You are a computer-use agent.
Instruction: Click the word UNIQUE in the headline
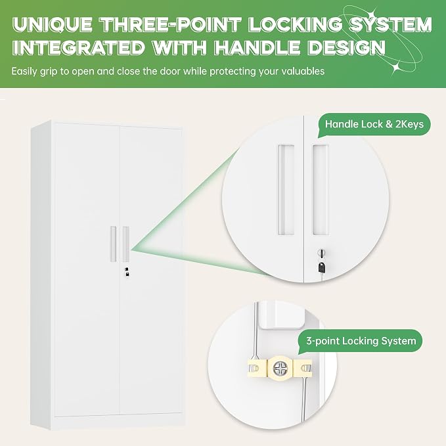tap(53, 24)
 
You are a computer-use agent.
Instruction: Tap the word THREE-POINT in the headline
tap(172, 24)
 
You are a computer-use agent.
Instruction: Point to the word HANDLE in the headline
tap(257, 47)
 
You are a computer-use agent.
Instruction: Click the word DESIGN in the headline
tap(347, 47)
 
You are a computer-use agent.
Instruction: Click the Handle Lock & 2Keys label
tap(374, 124)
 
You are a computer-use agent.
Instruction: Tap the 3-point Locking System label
tap(361, 341)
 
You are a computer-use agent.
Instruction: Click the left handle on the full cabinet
tap(113, 244)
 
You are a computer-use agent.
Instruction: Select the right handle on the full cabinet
tap(125, 244)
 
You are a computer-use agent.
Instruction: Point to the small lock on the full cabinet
tap(127, 271)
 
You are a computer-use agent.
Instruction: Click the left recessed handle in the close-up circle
tap(286, 190)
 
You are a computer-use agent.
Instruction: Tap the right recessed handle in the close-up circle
tap(321, 190)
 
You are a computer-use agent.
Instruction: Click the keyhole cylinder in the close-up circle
tap(321, 253)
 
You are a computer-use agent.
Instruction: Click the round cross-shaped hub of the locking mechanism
tap(279, 368)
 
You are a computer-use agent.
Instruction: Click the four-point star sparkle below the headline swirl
tap(395, 67)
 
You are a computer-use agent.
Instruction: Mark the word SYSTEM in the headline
tap(390, 24)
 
